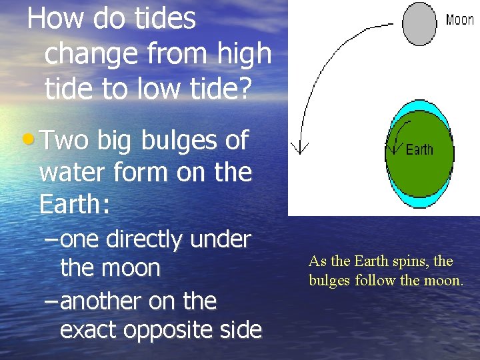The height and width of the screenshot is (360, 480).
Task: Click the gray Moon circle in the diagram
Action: [419, 24]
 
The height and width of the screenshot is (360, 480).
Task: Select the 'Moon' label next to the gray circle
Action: [459, 20]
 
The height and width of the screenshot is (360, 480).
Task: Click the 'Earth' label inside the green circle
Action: [419, 150]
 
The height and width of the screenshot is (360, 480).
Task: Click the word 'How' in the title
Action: [54, 18]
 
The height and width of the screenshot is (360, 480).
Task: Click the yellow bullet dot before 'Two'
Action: [27, 140]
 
